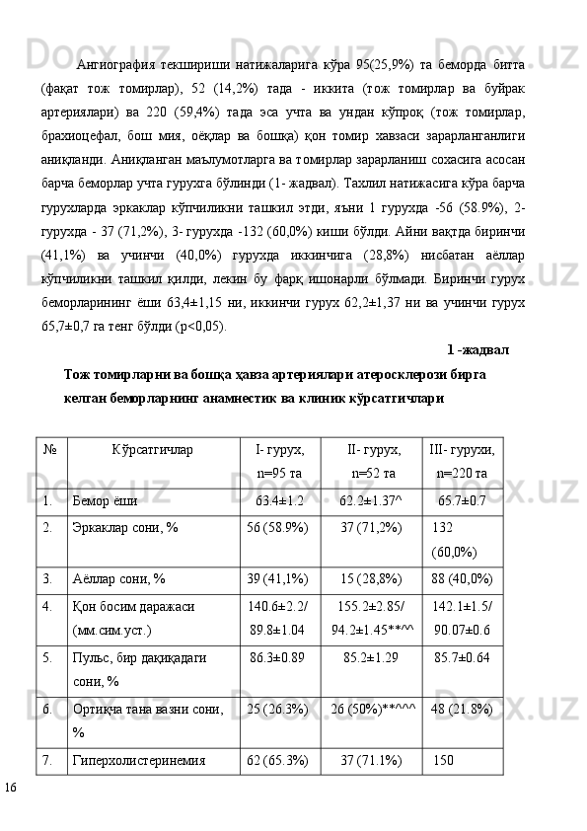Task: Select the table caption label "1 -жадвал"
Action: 477,348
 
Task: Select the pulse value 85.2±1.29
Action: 370,656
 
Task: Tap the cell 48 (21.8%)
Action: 462,709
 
